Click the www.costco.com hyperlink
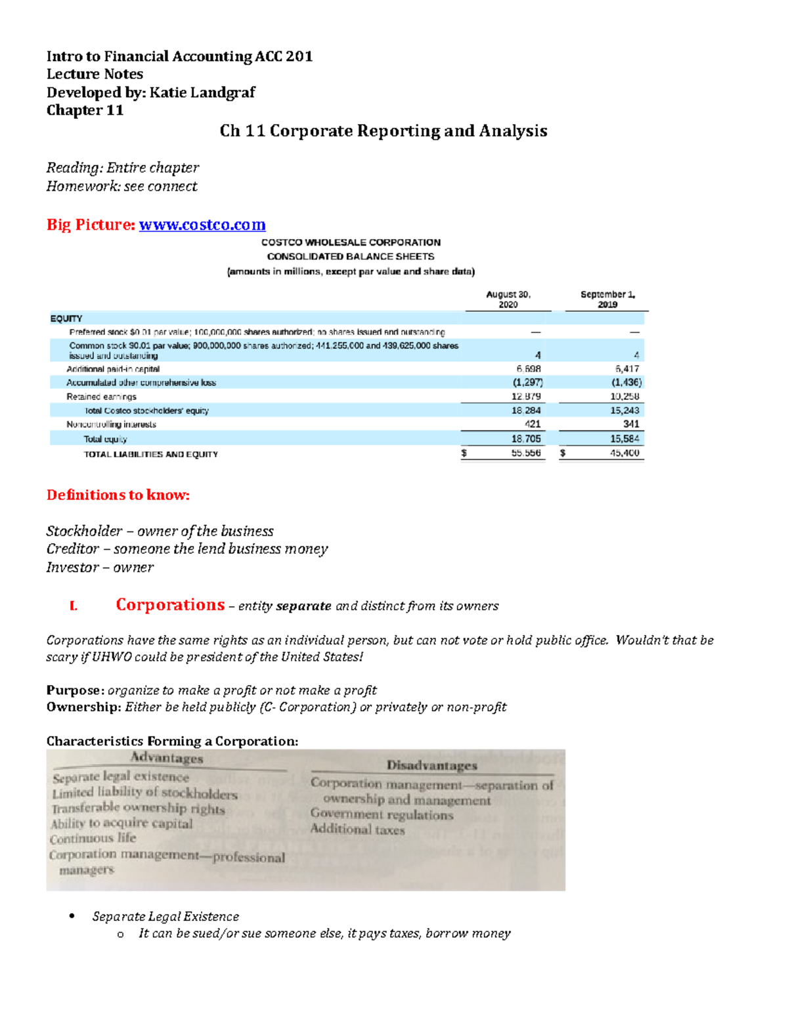point(202,225)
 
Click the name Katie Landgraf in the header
point(202,92)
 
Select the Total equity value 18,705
point(526,439)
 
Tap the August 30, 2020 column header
point(508,299)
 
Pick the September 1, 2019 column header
point(607,299)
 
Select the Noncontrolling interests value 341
point(630,424)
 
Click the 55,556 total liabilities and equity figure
point(526,453)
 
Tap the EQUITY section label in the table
point(66,319)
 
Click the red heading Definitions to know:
point(118,495)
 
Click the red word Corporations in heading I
point(170,604)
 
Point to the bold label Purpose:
point(75,690)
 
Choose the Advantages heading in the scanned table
point(167,758)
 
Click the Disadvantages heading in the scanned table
point(431,765)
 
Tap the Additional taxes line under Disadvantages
point(358,830)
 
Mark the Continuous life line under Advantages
point(93,839)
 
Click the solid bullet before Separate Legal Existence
point(72,916)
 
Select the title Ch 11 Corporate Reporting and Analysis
point(383,131)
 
